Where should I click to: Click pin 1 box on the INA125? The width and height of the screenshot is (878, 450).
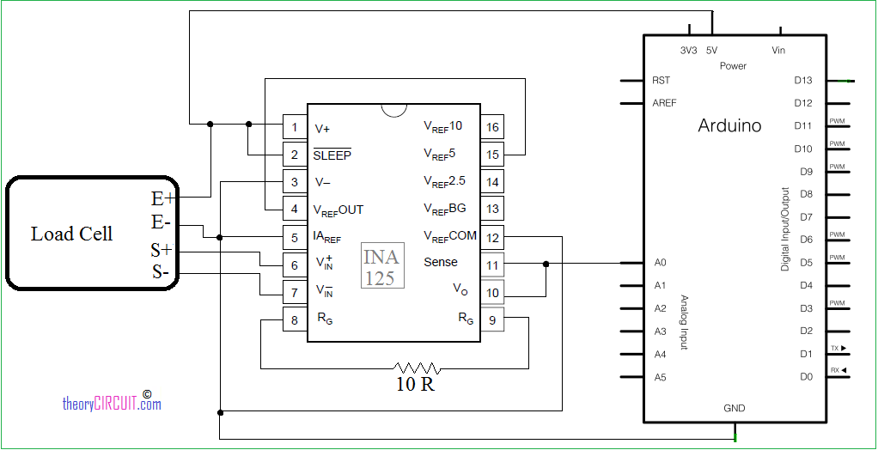pos(295,128)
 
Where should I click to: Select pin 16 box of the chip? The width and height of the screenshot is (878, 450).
pos(492,128)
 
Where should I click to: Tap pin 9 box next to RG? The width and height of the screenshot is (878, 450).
pos(492,320)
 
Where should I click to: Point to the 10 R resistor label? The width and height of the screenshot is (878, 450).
pos(415,384)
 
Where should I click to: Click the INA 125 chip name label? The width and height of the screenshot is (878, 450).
pos(381,267)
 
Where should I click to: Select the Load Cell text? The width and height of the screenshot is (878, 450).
pos(71,234)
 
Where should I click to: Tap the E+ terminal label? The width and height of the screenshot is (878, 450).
pos(162,198)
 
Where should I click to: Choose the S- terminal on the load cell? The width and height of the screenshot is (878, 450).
pos(162,274)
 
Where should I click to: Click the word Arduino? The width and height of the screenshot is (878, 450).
pos(729,125)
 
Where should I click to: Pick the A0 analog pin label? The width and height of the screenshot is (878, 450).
pos(660,263)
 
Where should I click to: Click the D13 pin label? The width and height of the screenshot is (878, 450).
pos(803,81)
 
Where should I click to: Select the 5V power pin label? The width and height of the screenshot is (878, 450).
pos(711,51)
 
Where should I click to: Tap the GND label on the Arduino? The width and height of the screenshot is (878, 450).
pos(734,408)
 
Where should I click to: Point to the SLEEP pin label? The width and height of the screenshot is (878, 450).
pos(332,155)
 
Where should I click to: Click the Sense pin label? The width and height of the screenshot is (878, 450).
pos(441,262)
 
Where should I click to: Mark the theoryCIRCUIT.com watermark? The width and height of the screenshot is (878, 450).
pos(112,403)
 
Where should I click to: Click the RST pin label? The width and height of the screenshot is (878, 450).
pos(661,81)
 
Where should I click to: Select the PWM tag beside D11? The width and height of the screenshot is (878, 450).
pos(837,121)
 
